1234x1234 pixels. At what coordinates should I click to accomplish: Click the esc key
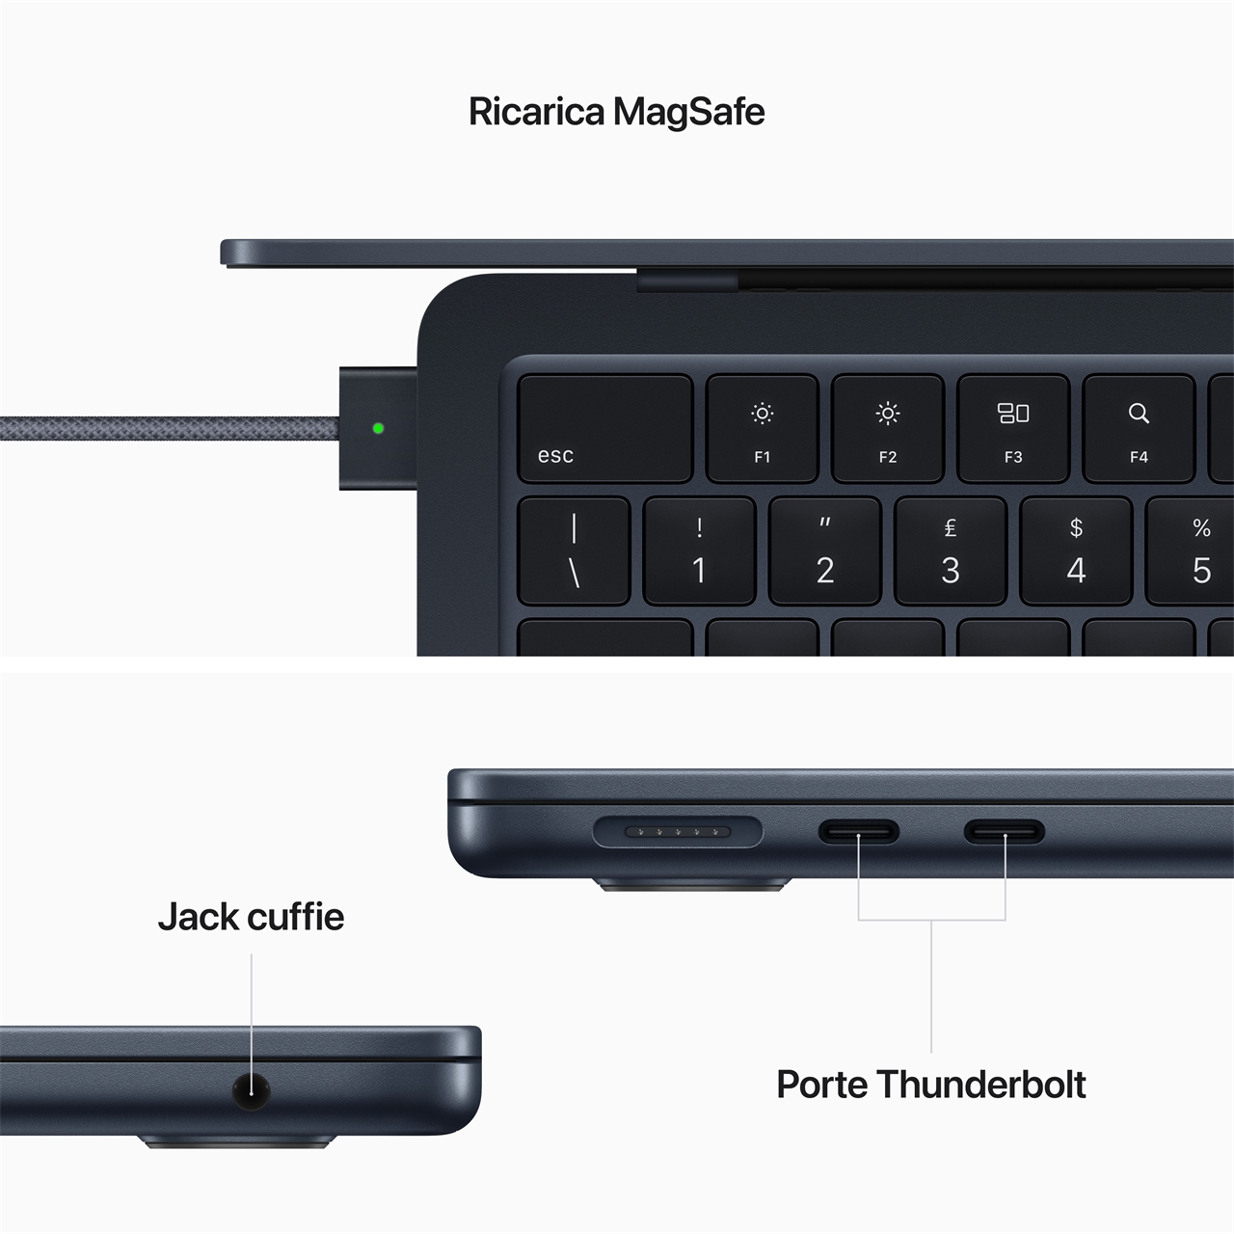pos(604,428)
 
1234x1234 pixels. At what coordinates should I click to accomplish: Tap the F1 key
pos(762,428)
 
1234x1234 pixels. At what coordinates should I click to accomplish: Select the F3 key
pos(1012,428)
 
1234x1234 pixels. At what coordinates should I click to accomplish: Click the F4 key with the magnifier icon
pos(1139,428)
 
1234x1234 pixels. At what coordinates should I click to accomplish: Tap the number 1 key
pos(699,550)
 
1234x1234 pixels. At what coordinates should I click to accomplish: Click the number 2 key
pos(824,550)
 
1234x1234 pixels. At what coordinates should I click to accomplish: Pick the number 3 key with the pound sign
pos(950,550)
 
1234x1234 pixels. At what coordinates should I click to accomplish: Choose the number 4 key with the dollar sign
pos(1076,550)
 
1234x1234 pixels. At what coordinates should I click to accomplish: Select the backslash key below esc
pos(574,550)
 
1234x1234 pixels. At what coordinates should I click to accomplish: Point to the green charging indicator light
pos(378,428)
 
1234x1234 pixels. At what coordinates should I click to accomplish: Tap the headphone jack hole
pos(251,1090)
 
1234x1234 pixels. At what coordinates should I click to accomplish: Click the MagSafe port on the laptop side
pos(677,831)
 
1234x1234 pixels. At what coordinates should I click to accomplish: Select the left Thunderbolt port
pos(859,831)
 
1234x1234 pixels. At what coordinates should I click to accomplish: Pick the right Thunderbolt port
pos(1005,831)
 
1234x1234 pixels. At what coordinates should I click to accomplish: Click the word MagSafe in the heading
pos(689,112)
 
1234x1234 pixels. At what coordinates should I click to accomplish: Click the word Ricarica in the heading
pos(537,112)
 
